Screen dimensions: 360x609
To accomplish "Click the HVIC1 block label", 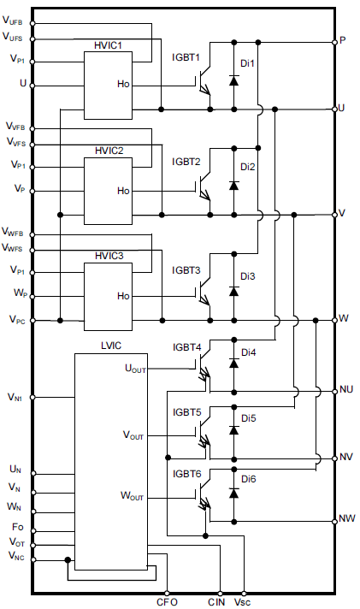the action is pos(108,45).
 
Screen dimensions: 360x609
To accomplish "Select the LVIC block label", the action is pos(111,346).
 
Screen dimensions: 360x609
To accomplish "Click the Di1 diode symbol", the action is pos(233,80).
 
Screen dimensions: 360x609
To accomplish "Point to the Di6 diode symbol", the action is pos(233,493).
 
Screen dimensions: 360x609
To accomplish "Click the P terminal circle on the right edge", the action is pos(334,42).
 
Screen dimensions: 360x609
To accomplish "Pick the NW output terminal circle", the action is pos(334,521).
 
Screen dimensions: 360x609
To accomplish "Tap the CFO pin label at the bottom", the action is pos(167,602).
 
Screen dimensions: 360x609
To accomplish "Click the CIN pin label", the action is pos(216,602).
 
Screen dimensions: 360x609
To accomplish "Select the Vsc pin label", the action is pos(242,602).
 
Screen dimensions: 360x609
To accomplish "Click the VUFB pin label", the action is pos(13,21).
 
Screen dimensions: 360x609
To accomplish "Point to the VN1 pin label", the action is pos(16,398).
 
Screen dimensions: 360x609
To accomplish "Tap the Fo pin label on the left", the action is pos(18,527).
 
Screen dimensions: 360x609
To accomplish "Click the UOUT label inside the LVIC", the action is pos(135,369).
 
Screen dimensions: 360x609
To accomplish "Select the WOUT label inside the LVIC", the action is pos(132,496).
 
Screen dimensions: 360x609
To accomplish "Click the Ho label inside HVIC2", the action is pos(123,191).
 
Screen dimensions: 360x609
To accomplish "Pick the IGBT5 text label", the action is pos(187,412).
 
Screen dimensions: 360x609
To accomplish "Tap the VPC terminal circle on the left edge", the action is pos(32,321).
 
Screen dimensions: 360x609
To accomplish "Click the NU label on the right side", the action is pos(346,389).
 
